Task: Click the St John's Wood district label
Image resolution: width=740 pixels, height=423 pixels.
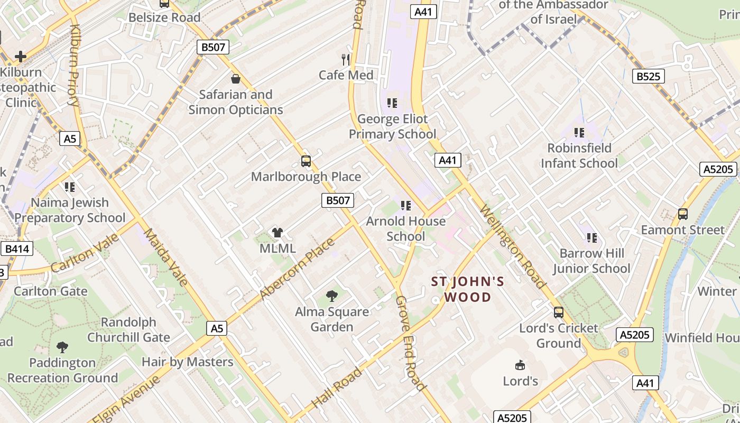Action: coord(468,289)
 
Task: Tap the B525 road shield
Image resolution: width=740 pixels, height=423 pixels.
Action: coord(648,76)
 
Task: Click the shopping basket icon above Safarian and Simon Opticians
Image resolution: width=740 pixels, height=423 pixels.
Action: coord(236,79)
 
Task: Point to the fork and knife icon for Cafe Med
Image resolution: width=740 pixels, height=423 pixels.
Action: coord(346,59)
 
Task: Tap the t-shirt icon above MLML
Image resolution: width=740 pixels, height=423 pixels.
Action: coord(277,233)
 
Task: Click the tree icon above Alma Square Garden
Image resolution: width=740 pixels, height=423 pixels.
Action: coord(332,296)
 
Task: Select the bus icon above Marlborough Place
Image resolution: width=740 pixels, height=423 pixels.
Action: coord(306,161)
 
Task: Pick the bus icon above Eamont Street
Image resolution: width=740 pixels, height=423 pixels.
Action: coord(683,214)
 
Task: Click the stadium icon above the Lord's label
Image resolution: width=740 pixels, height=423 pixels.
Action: coord(520,365)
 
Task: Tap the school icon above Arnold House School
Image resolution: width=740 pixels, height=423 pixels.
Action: coord(405,205)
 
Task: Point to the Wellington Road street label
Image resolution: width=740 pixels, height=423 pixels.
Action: coord(512,246)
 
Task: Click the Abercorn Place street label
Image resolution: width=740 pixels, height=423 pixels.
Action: coord(298,269)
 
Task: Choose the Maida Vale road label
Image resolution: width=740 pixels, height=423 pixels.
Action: coord(166,257)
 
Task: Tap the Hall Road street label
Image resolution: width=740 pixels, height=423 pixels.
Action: coord(336,388)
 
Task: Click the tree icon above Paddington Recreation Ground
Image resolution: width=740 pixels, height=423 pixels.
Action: coord(62,347)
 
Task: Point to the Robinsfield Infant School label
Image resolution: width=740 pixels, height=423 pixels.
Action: coord(579,155)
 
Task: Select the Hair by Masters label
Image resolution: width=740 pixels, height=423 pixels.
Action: coord(188,362)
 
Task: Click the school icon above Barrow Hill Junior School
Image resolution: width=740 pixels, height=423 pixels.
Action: coord(591,238)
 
